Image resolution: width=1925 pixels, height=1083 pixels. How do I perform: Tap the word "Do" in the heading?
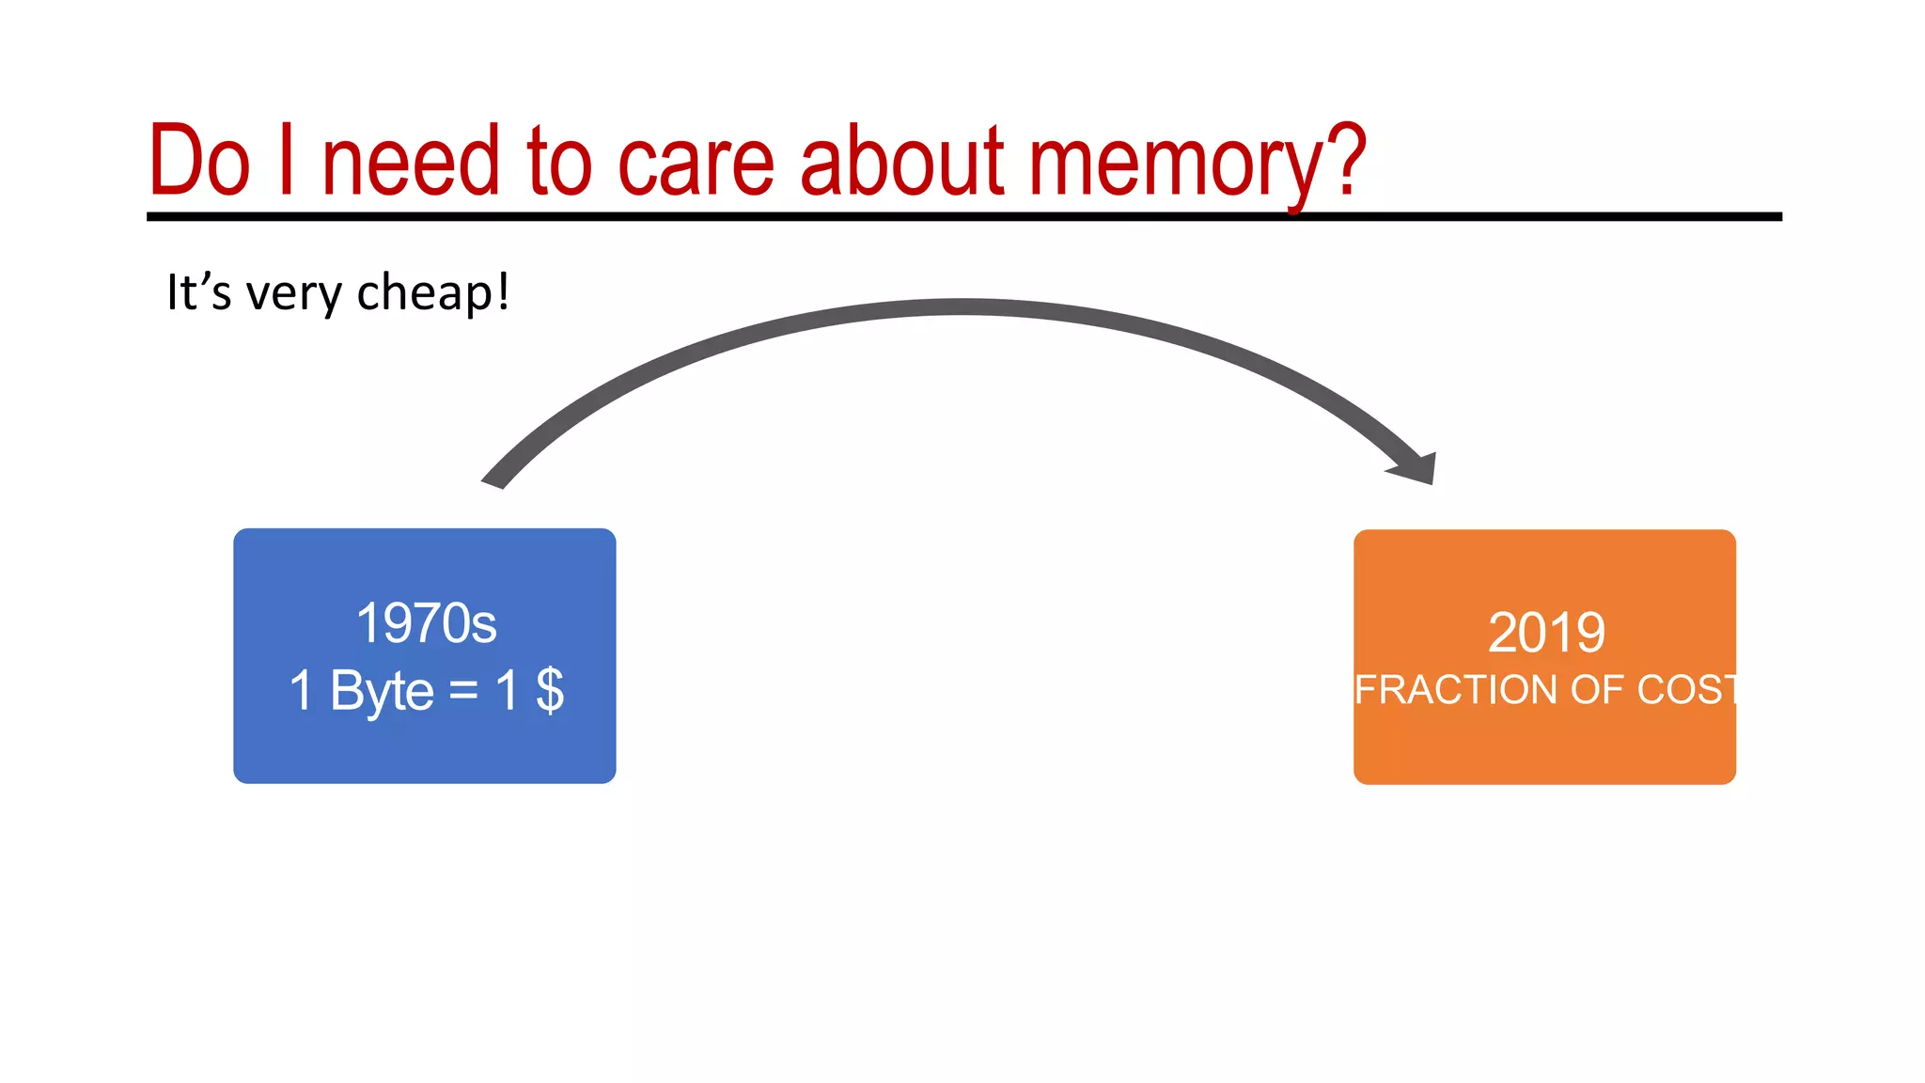[199, 162]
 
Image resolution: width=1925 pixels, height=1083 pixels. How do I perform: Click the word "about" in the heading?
[902, 162]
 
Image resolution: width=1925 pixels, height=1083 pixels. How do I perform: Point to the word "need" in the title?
[410, 162]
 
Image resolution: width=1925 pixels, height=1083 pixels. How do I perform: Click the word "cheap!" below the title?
[433, 292]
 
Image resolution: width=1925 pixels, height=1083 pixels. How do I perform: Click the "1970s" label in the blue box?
[426, 623]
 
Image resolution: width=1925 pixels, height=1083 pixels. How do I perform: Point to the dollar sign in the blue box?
[550, 690]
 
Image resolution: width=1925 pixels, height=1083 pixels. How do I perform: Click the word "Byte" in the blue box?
[382, 692]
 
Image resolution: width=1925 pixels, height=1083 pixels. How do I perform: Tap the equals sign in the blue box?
[463, 691]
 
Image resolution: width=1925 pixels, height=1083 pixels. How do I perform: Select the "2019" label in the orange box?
[1546, 632]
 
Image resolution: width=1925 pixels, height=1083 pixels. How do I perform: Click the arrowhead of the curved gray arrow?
[1417, 467]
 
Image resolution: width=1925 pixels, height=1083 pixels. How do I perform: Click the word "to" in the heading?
[559, 162]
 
